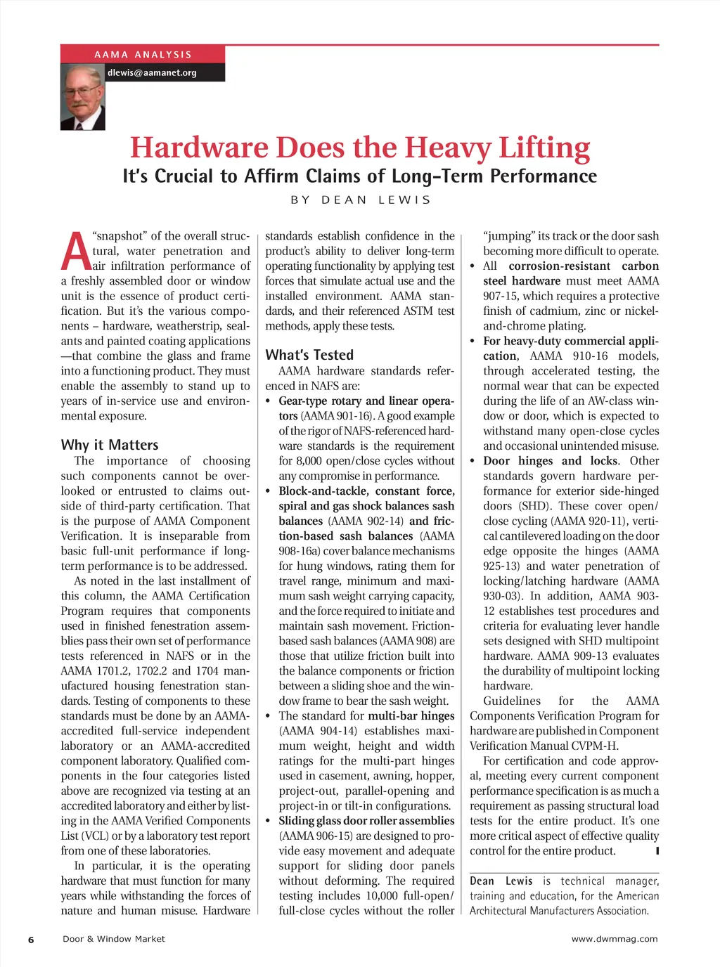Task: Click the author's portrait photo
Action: click(x=83, y=97)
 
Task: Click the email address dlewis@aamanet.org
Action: click(x=152, y=72)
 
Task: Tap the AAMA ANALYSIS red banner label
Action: click(x=143, y=54)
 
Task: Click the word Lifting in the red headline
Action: click(x=544, y=148)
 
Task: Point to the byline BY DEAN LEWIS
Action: click(x=360, y=200)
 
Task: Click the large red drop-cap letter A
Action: click(x=75, y=252)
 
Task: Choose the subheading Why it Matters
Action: click(x=110, y=445)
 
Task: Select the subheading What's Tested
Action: click(x=309, y=355)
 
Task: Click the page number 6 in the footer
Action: click(x=31, y=940)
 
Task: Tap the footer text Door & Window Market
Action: click(x=114, y=939)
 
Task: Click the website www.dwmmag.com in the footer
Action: click(x=615, y=939)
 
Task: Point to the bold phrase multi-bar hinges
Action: click(x=411, y=716)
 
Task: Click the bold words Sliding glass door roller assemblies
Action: click(x=366, y=821)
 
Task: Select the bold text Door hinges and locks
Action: click(x=551, y=461)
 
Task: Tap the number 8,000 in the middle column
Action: click(x=311, y=461)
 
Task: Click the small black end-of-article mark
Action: click(x=657, y=851)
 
